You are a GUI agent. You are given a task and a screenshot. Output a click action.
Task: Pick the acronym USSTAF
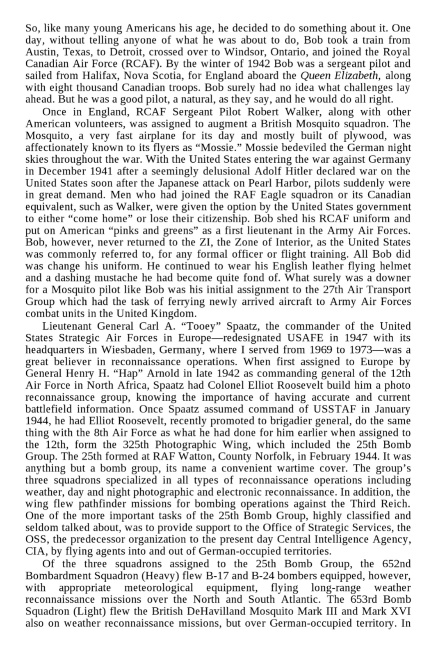[337, 410]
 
